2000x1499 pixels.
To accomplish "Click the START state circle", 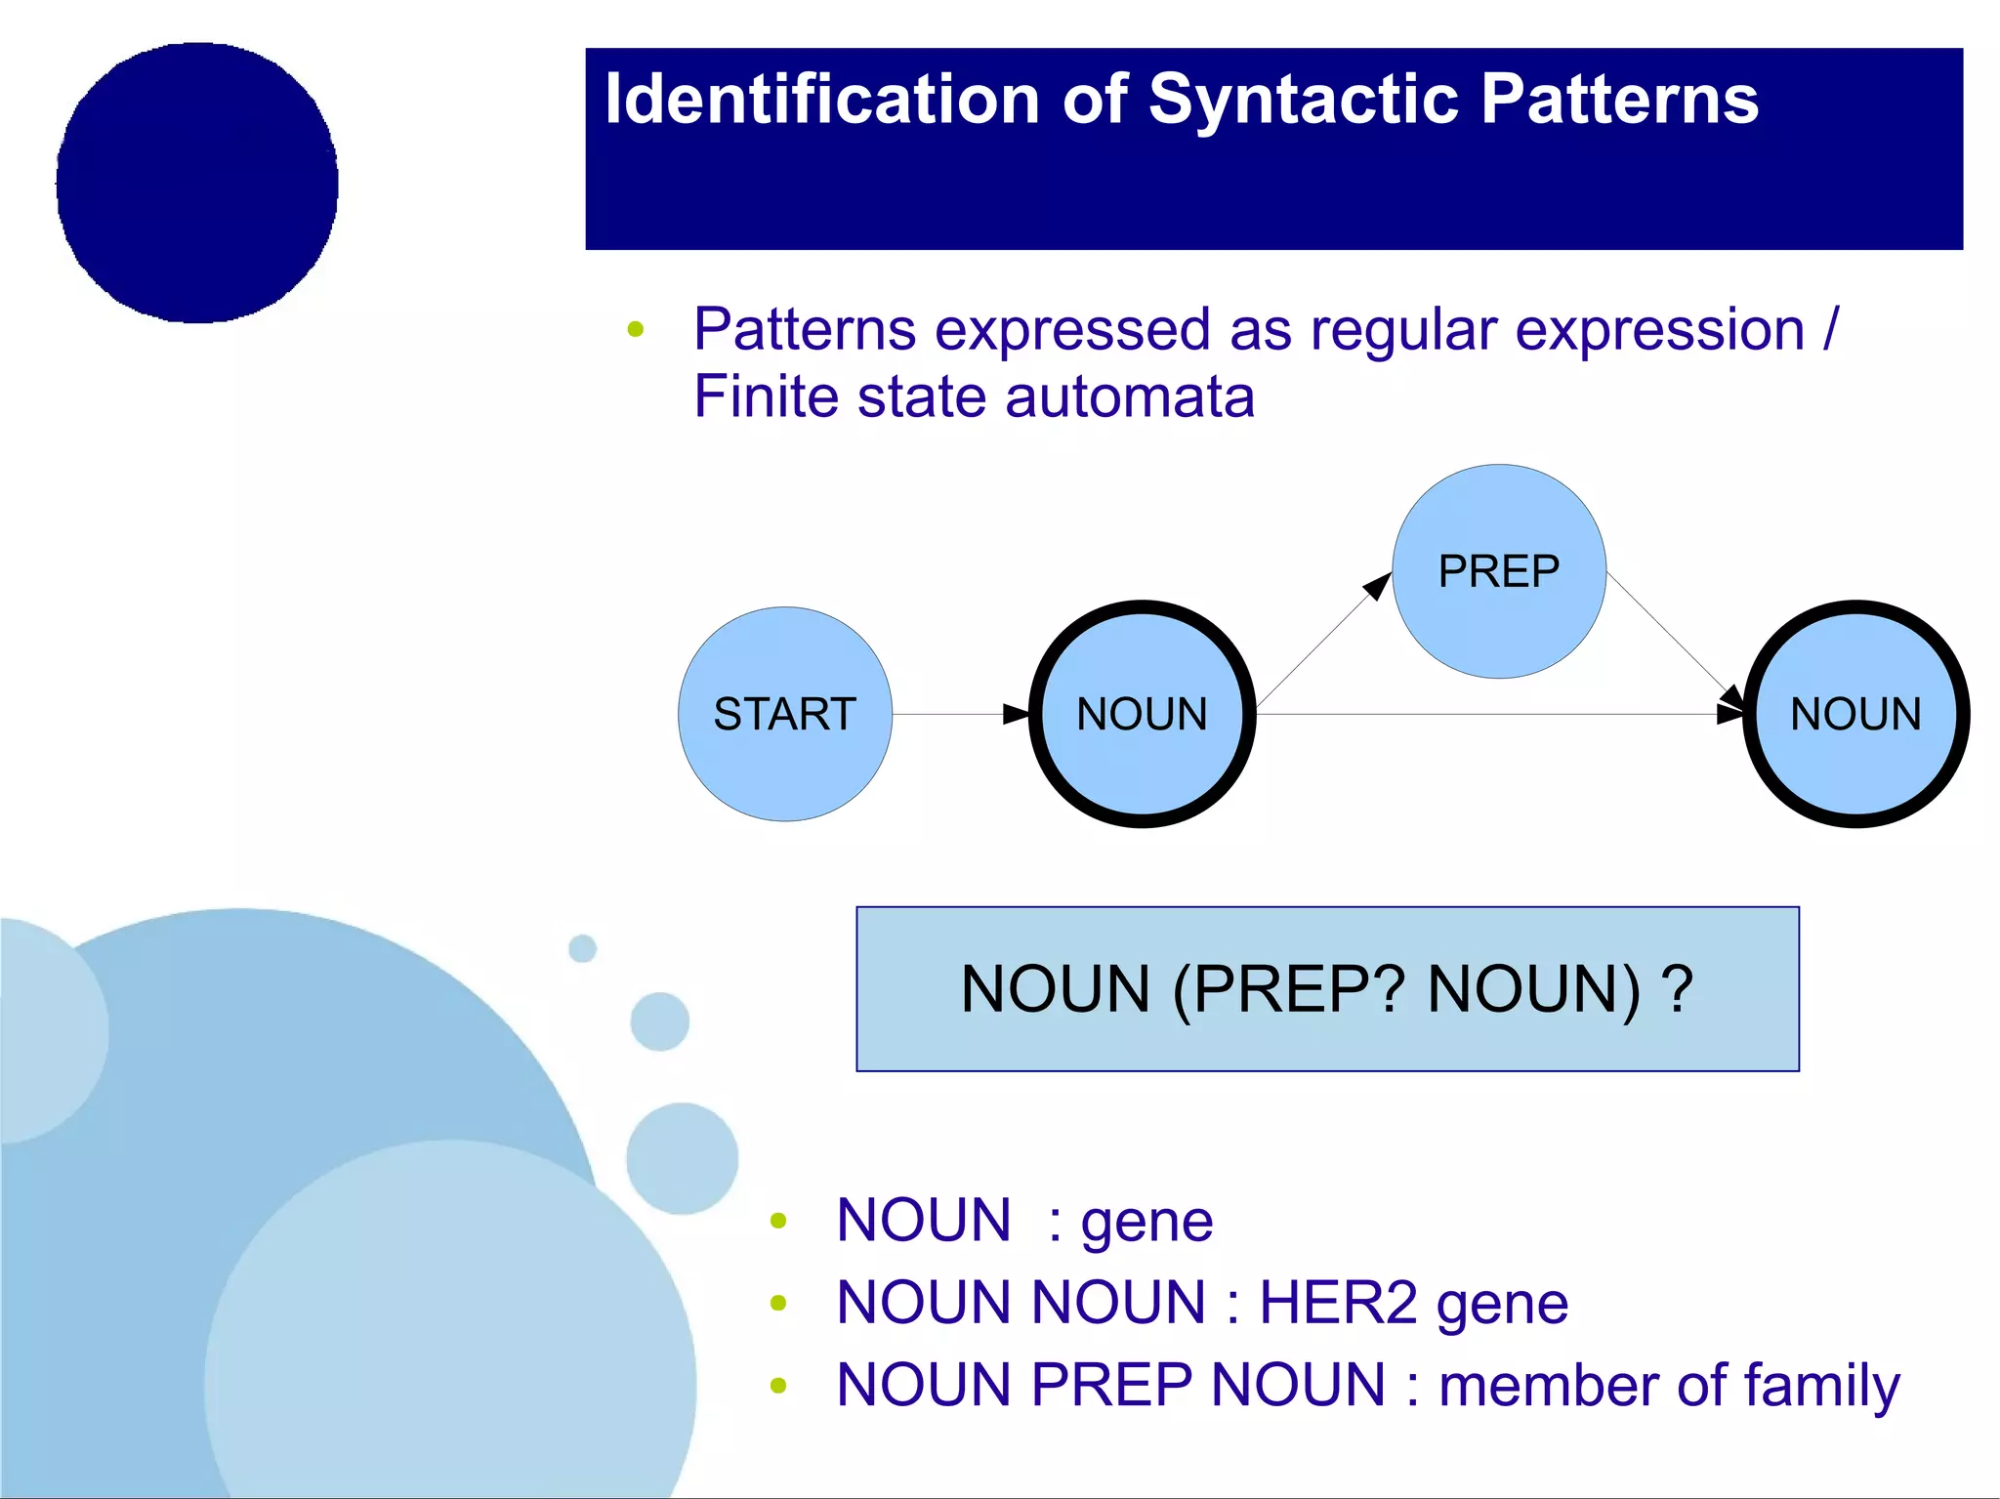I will [784, 714].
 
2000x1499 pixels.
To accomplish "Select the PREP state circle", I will [1498, 571].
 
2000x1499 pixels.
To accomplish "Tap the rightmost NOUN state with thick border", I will [1855, 714].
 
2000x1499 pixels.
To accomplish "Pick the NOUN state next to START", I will [1142, 714].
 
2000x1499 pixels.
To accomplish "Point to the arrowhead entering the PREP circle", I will [1377, 586].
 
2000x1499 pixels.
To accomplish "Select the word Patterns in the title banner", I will [1619, 100].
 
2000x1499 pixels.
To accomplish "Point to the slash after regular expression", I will [1830, 329].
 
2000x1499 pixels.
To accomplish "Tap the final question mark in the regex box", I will [1678, 989].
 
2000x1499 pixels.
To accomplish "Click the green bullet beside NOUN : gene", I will [778, 1221].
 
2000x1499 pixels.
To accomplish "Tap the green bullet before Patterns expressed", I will [636, 330].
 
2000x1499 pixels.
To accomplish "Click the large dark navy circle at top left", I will [197, 183].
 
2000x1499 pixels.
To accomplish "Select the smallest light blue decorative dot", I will [582, 948].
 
